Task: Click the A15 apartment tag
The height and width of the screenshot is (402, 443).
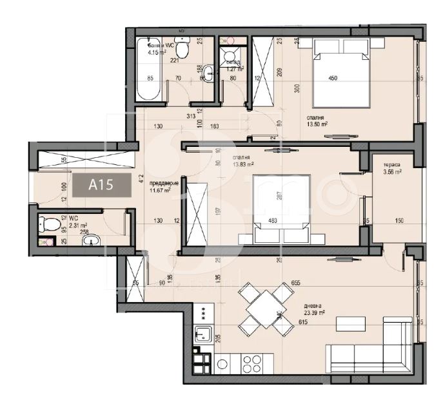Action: coord(100,186)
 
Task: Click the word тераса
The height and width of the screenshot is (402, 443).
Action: coord(391,164)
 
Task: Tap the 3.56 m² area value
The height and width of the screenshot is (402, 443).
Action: coord(391,172)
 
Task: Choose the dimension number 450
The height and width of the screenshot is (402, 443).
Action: coord(333,79)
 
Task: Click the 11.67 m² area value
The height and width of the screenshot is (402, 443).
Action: coord(159,190)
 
